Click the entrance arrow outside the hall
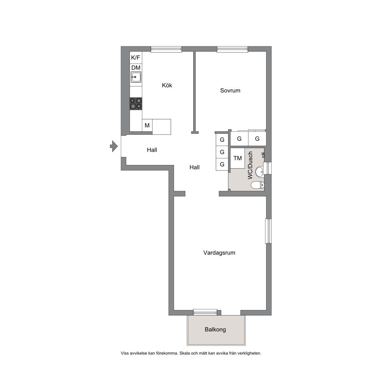(x=114, y=146)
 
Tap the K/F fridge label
(x=135, y=58)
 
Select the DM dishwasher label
(x=136, y=68)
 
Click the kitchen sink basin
(x=136, y=77)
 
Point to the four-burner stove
(x=136, y=103)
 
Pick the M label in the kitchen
(x=147, y=125)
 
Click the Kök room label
(x=167, y=85)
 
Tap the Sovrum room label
(x=230, y=91)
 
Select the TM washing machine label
(x=238, y=158)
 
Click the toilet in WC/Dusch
(x=258, y=185)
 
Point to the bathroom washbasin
(x=260, y=171)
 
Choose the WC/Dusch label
(x=250, y=165)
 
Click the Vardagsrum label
(x=219, y=253)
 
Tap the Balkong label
(x=215, y=329)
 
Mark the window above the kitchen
(x=166, y=49)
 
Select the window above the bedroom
(x=232, y=49)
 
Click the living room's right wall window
(x=268, y=231)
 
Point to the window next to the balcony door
(x=205, y=312)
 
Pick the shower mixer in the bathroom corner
(x=263, y=155)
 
